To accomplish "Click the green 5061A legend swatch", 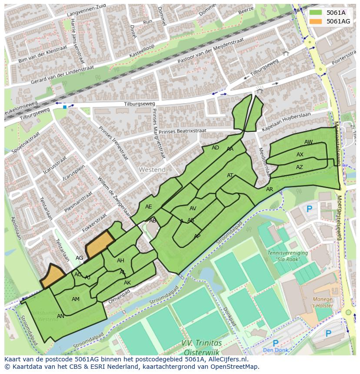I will pos(316,13).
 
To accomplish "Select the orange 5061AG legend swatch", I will pos(316,21).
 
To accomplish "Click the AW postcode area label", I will pos(308,142).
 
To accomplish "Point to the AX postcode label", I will pos(300,155).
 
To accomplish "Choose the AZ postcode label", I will pos(300,167).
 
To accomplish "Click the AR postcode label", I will pos(270,189).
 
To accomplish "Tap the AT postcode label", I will pos(230,175).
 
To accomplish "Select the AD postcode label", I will pos(215,148).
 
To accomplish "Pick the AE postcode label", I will pos(149,207).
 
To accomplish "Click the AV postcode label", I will pos(193,209).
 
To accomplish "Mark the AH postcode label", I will pos(120,261).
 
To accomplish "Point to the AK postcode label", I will pos(127,283).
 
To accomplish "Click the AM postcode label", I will pos(76,299).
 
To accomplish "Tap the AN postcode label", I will pos(60,316).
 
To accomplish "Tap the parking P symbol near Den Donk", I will pos(275,344).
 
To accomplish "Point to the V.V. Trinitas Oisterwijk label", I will pos(202,347).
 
